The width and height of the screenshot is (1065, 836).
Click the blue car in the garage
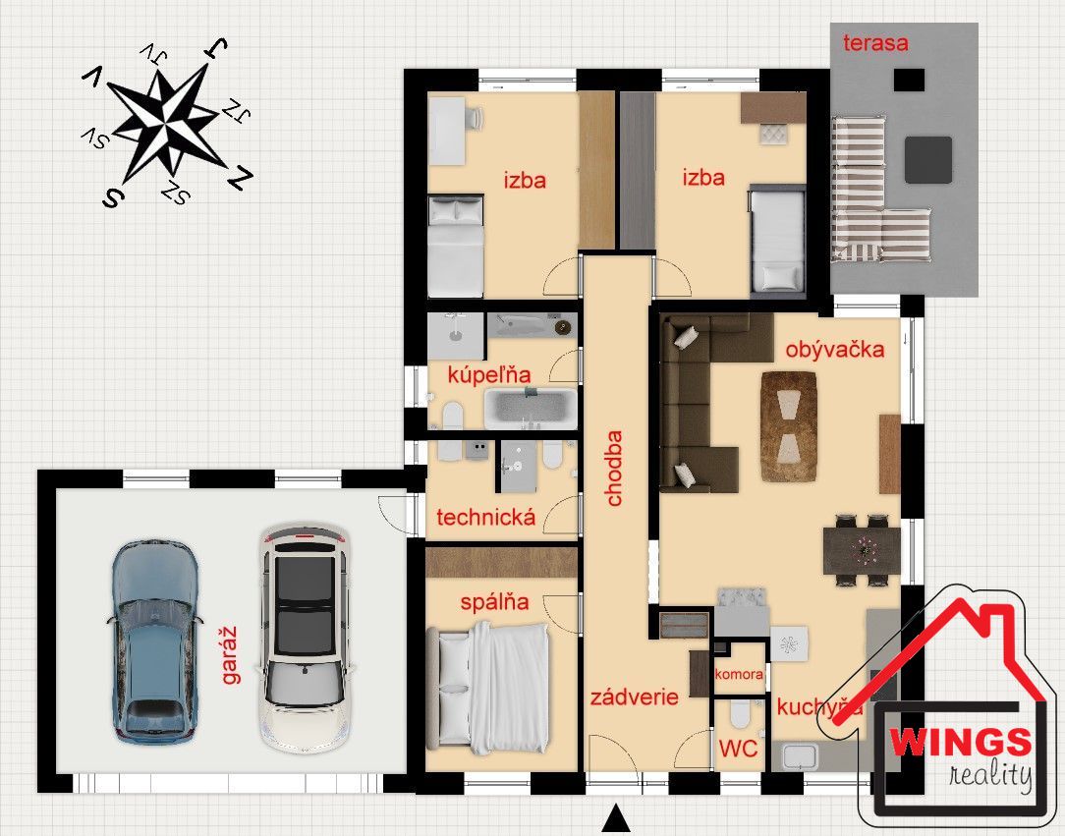click(154, 642)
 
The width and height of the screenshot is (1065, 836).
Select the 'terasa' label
click(875, 43)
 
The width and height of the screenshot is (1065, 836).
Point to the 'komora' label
click(738, 674)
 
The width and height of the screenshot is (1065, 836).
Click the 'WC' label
click(738, 749)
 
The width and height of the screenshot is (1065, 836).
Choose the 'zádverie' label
click(635, 697)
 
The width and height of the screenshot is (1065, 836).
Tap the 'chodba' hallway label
click(614, 469)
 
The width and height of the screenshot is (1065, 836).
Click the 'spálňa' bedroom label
click(494, 602)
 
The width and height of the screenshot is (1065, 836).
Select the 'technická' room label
click(485, 518)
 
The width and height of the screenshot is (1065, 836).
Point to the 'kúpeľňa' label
click(489, 374)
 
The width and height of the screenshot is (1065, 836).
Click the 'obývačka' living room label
click(835, 349)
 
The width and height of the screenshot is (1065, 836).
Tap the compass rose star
click(166, 126)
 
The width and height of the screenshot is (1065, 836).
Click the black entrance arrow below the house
click(616, 817)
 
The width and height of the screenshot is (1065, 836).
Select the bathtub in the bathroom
click(531, 409)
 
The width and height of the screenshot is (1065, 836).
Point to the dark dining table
click(862, 550)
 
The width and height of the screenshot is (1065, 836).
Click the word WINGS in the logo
click(961, 742)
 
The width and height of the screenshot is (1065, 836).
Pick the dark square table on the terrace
click(927, 159)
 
